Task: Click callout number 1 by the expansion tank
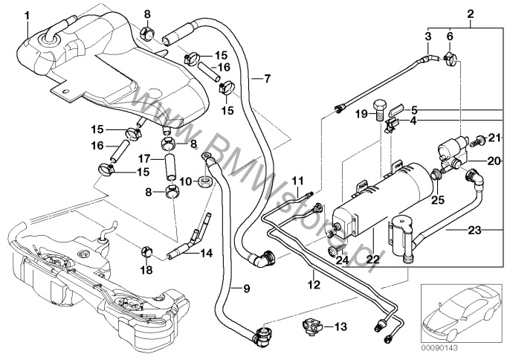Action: point(28,14)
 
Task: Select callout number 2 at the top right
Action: point(470,14)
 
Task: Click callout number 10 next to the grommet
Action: point(186,181)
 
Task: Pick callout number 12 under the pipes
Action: point(314,284)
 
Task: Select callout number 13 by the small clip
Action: point(341,326)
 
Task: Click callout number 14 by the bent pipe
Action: point(206,253)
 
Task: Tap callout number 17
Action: point(146,158)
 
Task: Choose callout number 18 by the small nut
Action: point(146,269)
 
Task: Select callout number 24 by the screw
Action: point(343,260)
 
